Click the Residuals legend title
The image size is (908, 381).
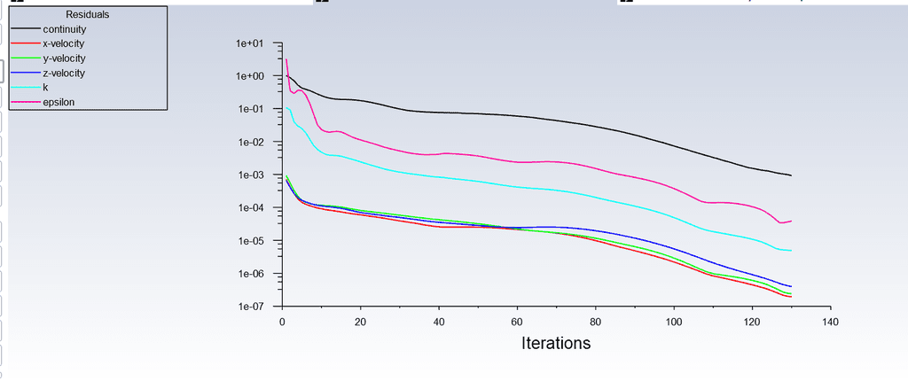tap(88, 14)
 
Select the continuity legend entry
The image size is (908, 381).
tap(64, 29)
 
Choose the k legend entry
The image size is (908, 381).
tap(45, 88)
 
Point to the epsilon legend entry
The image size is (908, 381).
tap(59, 102)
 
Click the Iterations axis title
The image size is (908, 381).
tap(556, 343)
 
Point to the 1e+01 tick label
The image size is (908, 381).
tap(251, 43)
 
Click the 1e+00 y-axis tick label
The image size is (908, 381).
tap(251, 76)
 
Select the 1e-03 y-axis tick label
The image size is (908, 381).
tap(251, 175)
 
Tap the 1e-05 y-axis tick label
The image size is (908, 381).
tap(251, 241)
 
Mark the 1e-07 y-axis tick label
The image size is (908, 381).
tap(251, 307)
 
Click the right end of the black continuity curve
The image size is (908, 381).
tap(790, 175)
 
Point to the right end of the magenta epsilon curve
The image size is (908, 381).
tap(790, 221)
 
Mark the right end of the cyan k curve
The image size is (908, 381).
tap(790, 251)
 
